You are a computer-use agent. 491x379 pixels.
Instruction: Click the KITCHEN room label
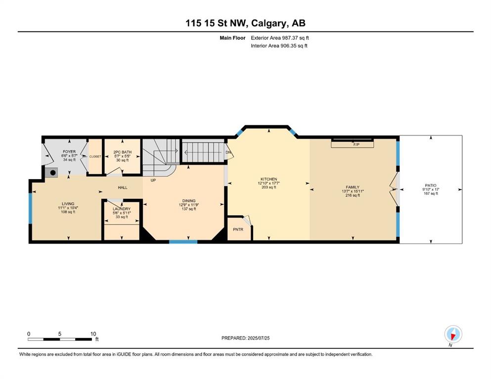point(269,179)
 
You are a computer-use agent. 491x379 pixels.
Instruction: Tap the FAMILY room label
point(353,187)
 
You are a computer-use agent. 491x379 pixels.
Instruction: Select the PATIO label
point(431,185)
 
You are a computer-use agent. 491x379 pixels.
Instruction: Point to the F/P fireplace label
point(356,145)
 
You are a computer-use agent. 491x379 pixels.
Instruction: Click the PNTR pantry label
point(238,229)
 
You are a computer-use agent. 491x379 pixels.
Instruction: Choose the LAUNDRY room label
point(122,209)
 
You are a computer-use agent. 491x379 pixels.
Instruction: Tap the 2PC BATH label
point(123,152)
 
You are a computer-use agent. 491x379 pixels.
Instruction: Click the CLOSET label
point(95,156)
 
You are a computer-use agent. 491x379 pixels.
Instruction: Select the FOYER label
point(69,152)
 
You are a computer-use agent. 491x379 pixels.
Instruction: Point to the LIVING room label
point(68,204)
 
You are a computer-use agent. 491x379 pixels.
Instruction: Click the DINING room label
point(189,200)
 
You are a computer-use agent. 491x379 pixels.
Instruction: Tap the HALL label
point(123,188)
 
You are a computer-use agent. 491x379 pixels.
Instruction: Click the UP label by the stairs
point(153,180)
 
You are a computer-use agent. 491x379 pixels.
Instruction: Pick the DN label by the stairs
point(228,152)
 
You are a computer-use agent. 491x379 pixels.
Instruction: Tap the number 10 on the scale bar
point(93,334)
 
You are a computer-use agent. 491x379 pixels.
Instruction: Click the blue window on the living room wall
point(30,208)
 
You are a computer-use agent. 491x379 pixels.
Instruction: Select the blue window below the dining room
point(183,241)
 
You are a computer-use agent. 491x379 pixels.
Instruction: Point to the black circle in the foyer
point(53,172)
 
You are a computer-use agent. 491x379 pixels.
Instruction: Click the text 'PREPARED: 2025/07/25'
point(245,338)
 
